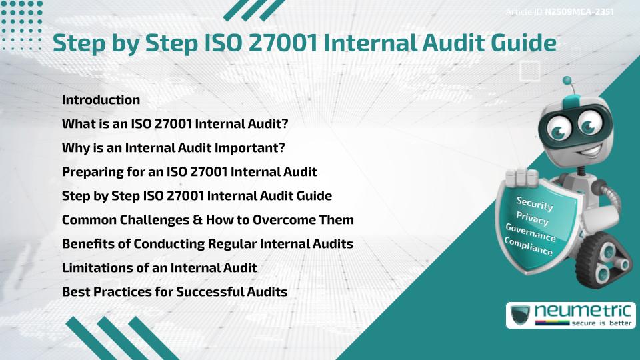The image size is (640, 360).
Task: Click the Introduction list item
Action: (101, 100)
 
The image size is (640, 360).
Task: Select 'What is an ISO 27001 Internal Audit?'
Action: (175, 124)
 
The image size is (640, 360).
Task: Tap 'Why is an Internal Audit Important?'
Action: (173, 148)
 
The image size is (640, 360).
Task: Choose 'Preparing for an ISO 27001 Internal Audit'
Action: (189, 172)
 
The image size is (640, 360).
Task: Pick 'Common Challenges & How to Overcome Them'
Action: (207, 220)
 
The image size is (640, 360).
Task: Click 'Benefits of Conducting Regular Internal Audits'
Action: (207, 244)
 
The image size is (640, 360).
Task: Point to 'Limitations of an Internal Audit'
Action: (159, 268)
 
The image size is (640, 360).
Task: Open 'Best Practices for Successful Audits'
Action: (175, 292)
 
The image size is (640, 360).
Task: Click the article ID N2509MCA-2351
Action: (579, 12)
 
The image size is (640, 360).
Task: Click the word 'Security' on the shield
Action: (535, 203)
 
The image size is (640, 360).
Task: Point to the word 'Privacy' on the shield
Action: (532, 219)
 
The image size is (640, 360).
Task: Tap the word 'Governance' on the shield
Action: (531, 233)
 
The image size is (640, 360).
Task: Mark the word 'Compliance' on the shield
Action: (529, 247)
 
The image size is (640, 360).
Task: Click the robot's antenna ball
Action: (567, 81)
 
